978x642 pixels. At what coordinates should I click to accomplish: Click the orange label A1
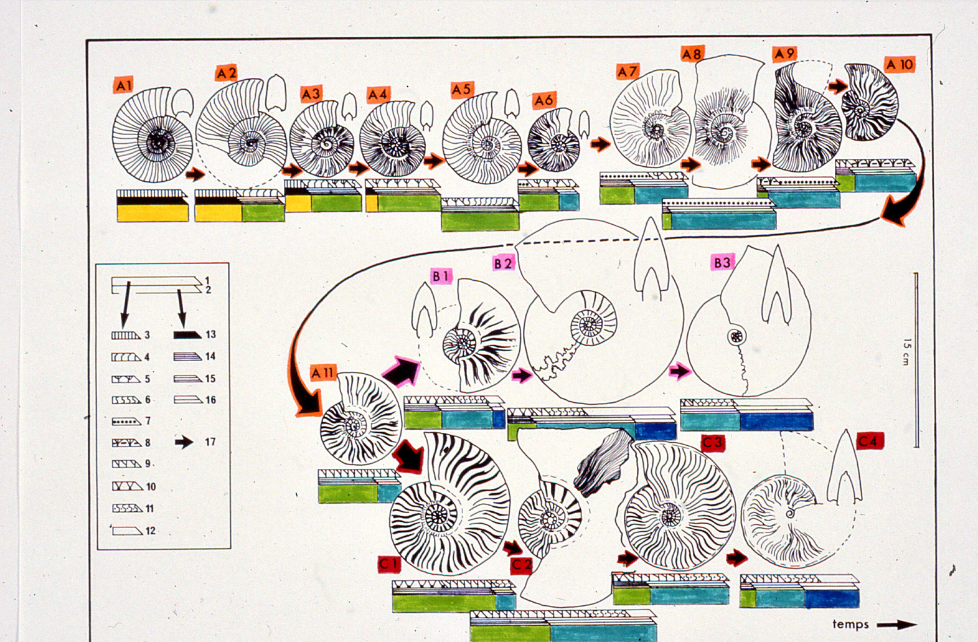point(123,85)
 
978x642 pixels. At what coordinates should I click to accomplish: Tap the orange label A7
point(628,71)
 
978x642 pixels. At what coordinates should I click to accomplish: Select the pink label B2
point(504,263)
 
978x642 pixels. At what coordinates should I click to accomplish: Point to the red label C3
point(713,442)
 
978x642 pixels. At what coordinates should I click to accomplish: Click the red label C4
point(870,441)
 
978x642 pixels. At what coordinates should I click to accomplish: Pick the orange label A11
point(322,372)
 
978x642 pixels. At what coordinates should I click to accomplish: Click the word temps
point(850,624)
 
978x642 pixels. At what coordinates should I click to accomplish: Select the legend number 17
point(210,442)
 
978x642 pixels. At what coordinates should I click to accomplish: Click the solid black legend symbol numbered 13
point(187,335)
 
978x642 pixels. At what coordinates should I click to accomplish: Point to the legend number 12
point(150,531)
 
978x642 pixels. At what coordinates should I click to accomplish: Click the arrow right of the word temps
point(896,625)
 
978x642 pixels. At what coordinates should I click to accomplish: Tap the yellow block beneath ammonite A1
point(153,213)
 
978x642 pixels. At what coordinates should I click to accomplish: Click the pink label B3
point(722,263)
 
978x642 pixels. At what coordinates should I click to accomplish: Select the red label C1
point(389,564)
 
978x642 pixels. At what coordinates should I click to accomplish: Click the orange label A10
point(900,65)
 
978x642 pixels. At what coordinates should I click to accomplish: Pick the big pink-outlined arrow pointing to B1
point(401,372)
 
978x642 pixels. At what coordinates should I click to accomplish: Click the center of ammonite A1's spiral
point(156,141)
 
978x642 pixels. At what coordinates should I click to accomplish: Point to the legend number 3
point(147,335)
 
